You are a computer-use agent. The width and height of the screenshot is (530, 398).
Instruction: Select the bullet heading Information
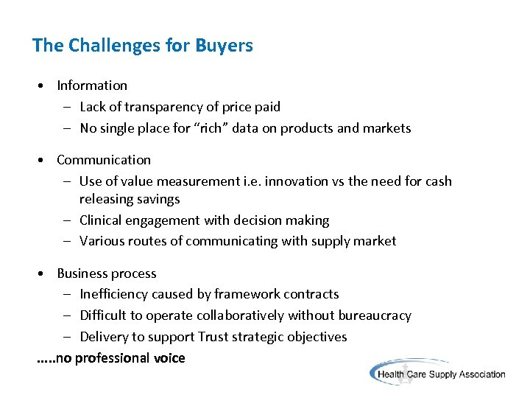point(92,85)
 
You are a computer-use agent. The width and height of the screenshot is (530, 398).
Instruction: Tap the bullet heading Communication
point(104,160)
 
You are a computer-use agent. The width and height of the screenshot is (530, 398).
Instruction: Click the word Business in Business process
point(82,273)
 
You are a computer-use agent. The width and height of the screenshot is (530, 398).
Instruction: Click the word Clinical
point(102,220)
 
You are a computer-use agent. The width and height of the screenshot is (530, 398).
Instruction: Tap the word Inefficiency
point(113,294)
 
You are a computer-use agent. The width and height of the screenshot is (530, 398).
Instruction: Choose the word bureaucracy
point(375,315)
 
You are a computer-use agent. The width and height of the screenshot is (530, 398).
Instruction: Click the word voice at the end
point(170,358)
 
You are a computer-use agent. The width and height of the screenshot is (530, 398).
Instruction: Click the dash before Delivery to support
point(66,337)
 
